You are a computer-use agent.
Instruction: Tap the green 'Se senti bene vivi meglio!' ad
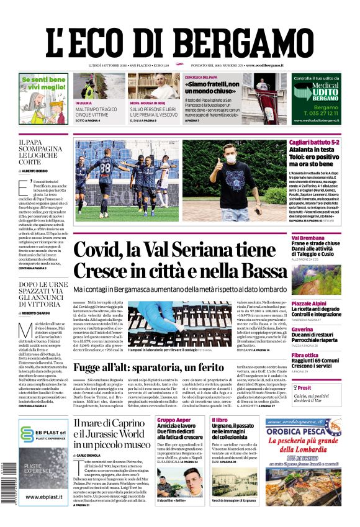pyautogui.click(x=43, y=92)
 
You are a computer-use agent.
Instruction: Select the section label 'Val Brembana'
pyautogui.click(x=308, y=238)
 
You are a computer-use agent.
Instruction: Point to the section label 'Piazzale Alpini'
pyautogui.click(x=309, y=304)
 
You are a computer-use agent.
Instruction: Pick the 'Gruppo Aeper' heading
pyautogui.click(x=174, y=420)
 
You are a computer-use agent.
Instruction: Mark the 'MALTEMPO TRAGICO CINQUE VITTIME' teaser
pyautogui.click(x=96, y=112)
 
